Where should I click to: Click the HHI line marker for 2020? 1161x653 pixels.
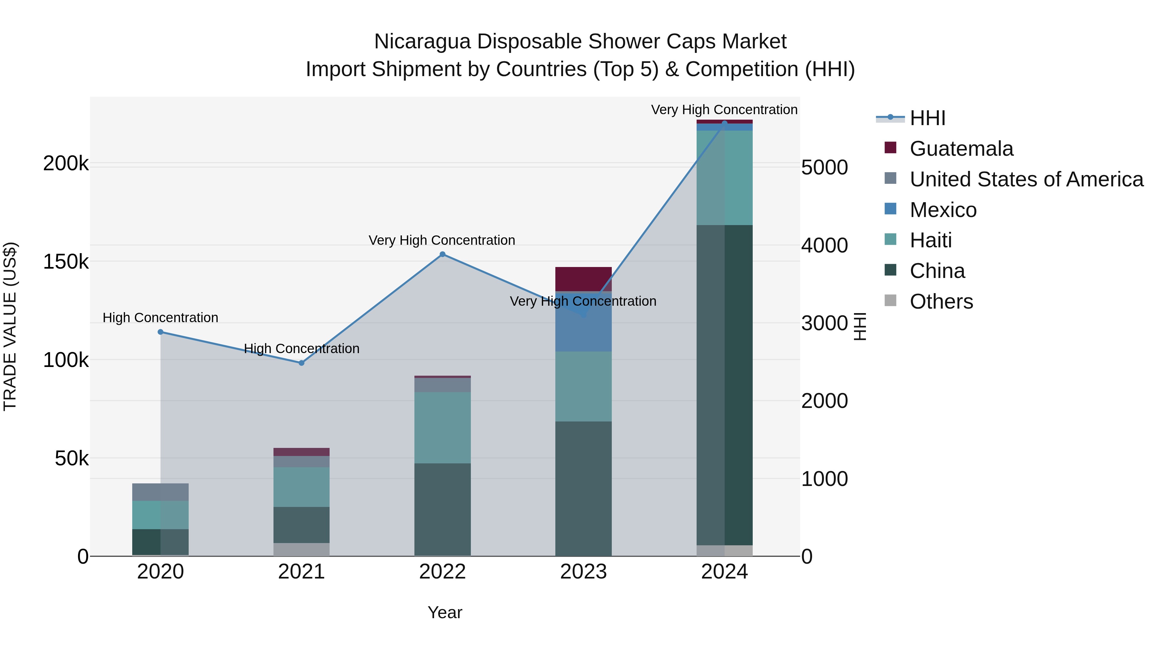pos(161,332)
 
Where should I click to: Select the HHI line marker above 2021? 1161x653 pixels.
pos(302,363)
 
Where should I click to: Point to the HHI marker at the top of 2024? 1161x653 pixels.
pos(725,123)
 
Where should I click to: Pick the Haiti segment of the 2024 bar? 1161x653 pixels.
pos(725,178)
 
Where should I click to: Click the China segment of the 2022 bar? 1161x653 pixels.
pos(442,509)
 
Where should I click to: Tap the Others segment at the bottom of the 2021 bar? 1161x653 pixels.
pos(302,549)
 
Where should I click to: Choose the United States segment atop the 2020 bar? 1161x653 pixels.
pos(161,492)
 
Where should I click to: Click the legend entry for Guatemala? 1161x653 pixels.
pos(961,149)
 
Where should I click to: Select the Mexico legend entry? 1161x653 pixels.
pos(943,210)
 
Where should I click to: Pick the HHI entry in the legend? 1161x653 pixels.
pos(928,118)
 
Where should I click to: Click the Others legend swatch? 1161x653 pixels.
pos(890,301)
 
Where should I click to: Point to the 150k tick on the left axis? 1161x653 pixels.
pos(66,262)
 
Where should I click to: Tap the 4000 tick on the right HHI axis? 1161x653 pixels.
pos(824,246)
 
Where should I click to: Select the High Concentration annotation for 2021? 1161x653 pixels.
pos(302,349)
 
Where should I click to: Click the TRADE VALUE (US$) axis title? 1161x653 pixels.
pos(10,326)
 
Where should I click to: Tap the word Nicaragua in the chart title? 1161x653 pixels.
pos(422,42)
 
